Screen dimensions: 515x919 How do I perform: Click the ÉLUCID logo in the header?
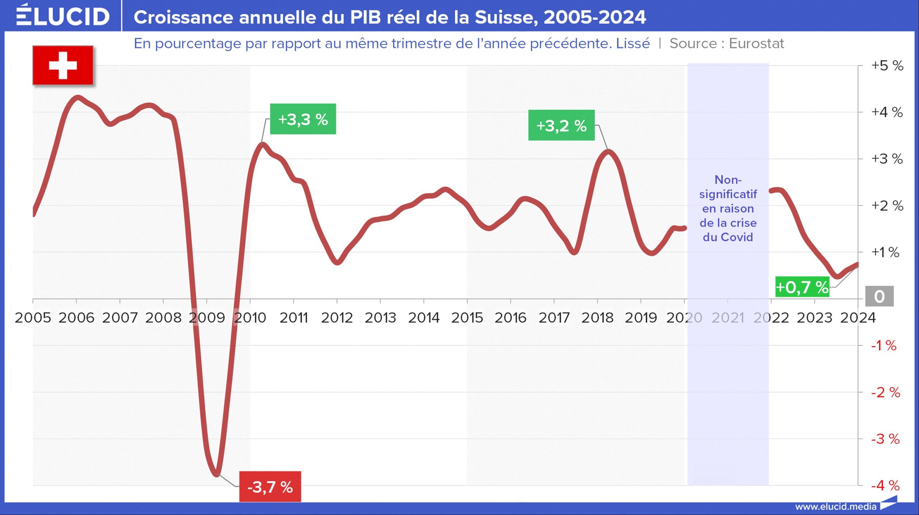click(x=62, y=16)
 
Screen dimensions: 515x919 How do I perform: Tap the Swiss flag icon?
click(x=63, y=65)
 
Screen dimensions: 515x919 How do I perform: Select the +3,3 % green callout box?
click(x=303, y=119)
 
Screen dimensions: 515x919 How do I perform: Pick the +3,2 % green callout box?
click(x=561, y=125)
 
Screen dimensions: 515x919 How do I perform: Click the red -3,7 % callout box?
click(x=270, y=487)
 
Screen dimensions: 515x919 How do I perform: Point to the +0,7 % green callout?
click(x=802, y=287)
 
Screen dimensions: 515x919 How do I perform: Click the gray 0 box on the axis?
click(x=879, y=296)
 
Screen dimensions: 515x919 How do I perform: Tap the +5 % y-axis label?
click(x=887, y=66)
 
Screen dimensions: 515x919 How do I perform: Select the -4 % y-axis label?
click(x=886, y=486)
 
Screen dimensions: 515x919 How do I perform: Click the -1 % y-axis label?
click(x=884, y=346)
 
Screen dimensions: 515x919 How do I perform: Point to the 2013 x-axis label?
click(x=380, y=318)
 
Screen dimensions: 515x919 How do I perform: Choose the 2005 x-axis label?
click(x=33, y=318)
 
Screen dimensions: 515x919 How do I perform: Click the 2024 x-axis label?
click(x=858, y=318)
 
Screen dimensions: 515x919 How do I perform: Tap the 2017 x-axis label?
click(x=554, y=318)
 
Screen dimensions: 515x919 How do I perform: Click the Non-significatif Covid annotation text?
click(x=728, y=208)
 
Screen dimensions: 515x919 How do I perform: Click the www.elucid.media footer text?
click(x=835, y=506)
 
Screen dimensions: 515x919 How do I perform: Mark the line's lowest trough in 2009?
click(x=216, y=474)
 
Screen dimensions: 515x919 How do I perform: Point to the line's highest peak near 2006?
click(x=78, y=97)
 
